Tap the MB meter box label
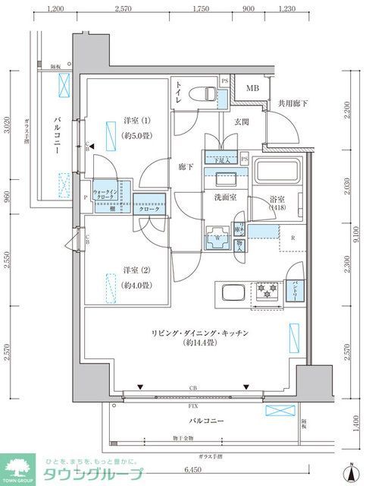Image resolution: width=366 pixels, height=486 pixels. tap(249, 89)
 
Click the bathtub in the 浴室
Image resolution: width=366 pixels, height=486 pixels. tap(277, 177)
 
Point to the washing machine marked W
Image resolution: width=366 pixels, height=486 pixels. tap(218, 236)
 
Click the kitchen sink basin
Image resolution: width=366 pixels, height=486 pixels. tap(232, 293)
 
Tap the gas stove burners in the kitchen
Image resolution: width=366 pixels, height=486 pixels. tap(267, 290)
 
